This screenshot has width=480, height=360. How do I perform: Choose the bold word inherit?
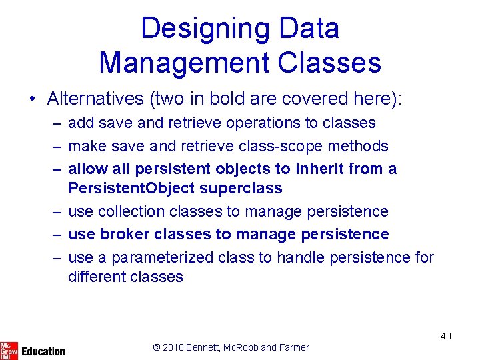318,169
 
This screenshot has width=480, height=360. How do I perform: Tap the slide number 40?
445,336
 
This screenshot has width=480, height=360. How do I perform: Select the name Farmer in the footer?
294,347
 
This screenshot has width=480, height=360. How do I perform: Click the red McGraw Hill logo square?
9,350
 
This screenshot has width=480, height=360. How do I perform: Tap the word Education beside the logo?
43,351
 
